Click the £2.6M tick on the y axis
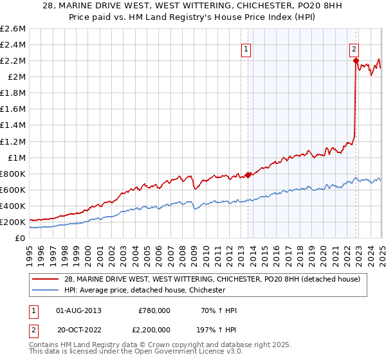point(13,29)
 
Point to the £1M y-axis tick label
point(15,157)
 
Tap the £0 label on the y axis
point(21,238)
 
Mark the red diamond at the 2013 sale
point(248,175)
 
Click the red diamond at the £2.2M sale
point(356,60)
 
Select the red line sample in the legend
point(45,278)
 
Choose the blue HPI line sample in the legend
point(45,290)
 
